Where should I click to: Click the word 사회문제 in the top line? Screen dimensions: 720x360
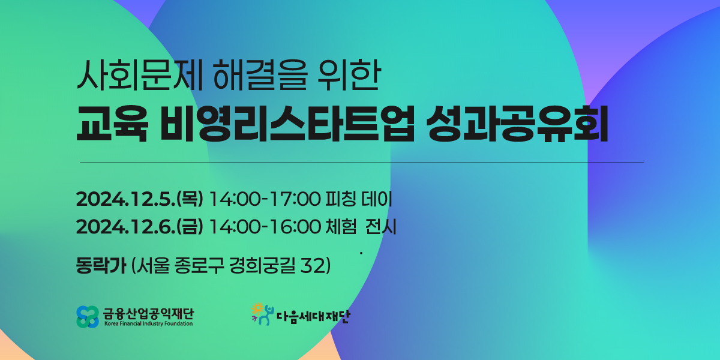tap(140, 75)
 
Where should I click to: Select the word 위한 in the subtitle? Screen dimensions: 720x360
tap(349, 75)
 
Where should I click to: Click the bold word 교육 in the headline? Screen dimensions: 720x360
tap(112, 124)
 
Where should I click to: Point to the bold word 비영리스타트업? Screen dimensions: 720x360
tap(287, 124)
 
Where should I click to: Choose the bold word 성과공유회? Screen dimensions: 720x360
tap(517, 124)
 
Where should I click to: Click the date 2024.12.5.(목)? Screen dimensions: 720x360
tap(139, 199)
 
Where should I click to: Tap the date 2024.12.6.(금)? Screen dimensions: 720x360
tap(139, 227)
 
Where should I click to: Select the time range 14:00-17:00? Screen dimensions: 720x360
tap(265, 199)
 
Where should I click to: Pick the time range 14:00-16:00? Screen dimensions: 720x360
tap(265, 227)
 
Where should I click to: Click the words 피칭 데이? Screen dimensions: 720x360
tap(359, 199)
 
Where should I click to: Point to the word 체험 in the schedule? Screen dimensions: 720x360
tap(341, 227)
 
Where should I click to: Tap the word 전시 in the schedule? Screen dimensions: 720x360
tap(381, 227)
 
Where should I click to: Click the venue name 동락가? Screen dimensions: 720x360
tap(101, 265)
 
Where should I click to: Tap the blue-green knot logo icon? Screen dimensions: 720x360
tap(88, 317)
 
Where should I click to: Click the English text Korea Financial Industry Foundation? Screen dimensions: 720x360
tap(149, 323)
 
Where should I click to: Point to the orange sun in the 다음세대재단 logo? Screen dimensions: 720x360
tap(257, 309)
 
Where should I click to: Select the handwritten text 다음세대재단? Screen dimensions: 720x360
tap(313, 317)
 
